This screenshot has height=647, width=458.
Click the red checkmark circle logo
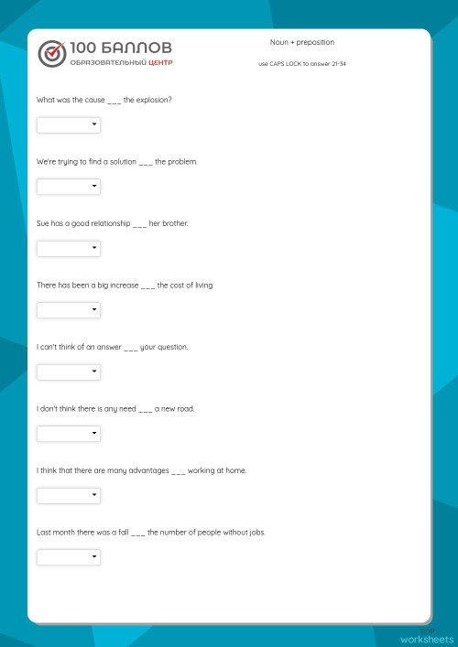52,54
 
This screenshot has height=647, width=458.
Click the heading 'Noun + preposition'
302,42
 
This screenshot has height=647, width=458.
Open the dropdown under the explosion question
69,125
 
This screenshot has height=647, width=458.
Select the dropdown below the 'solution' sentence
69,187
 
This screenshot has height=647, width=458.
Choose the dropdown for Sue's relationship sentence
69,248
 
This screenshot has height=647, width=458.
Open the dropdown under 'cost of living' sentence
69,310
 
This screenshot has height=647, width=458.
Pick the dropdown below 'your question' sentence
69,372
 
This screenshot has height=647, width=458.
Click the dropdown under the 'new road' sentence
69,434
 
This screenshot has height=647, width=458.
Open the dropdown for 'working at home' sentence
69,495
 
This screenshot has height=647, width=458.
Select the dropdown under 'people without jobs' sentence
69,556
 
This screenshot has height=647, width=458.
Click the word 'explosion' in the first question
154,99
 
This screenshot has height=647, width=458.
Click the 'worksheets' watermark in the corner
426,638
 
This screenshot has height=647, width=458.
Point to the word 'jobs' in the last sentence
256,532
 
